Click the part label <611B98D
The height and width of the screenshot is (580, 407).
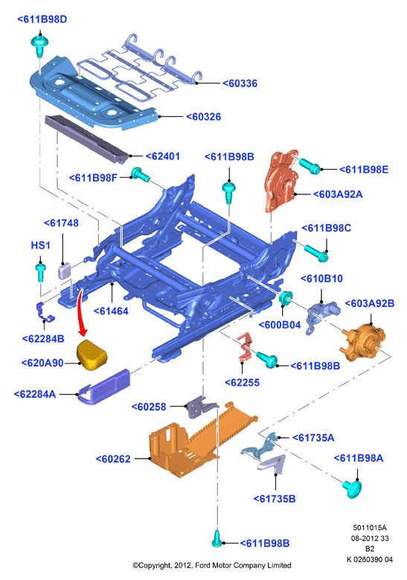(42, 19)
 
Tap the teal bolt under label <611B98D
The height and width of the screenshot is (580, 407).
(39, 46)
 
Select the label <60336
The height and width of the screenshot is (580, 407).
(240, 83)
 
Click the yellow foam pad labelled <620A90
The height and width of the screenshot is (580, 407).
(92, 354)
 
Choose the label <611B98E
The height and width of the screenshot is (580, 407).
(364, 170)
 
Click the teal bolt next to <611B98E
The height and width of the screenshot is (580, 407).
(309, 165)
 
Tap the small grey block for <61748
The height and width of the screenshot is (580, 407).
(64, 270)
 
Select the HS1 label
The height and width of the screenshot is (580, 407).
(40, 245)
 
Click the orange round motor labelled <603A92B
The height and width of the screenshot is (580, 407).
(362, 342)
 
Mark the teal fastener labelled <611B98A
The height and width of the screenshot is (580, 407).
(353, 488)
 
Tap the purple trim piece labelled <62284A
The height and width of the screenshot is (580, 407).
(104, 386)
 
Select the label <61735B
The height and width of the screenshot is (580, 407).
(275, 499)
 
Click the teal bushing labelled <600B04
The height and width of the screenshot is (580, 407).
(286, 298)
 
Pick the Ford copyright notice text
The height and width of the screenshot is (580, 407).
(212, 565)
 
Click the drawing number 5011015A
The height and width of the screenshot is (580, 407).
(370, 527)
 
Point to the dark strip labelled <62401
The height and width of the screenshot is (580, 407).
(87, 139)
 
